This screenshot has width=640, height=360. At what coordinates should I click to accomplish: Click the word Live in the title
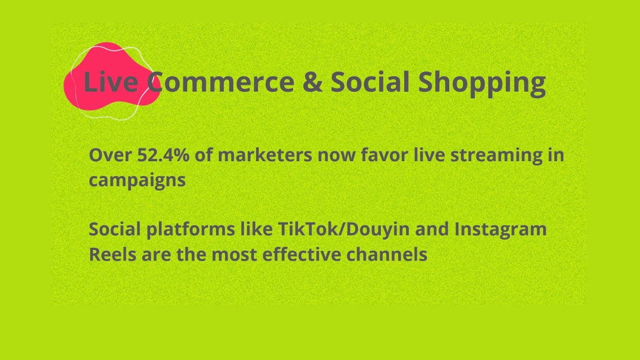(111, 82)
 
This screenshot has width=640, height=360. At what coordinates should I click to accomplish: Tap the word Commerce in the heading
(221, 82)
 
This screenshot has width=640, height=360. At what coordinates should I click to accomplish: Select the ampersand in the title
(312, 82)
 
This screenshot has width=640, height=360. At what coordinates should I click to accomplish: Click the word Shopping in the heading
(482, 84)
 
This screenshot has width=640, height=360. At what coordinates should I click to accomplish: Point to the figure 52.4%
(163, 155)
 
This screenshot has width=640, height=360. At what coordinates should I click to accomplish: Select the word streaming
(496, 157)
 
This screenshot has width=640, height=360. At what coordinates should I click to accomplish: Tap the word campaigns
(137, 181)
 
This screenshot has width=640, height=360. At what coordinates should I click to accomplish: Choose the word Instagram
(501, 230)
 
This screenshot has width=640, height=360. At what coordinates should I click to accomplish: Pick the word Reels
(113, 255)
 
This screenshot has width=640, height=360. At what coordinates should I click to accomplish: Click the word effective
(301, 254)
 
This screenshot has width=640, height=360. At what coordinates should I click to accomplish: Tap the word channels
(386, 254)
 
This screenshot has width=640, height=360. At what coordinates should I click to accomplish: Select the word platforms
(191, 230)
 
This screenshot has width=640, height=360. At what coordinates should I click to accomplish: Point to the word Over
(110, 155)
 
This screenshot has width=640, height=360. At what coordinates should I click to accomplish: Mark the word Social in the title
(370, 82)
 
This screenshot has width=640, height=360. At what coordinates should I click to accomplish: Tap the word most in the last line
(234, 255)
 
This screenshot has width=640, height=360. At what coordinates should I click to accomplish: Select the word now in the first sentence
(336, 157)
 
